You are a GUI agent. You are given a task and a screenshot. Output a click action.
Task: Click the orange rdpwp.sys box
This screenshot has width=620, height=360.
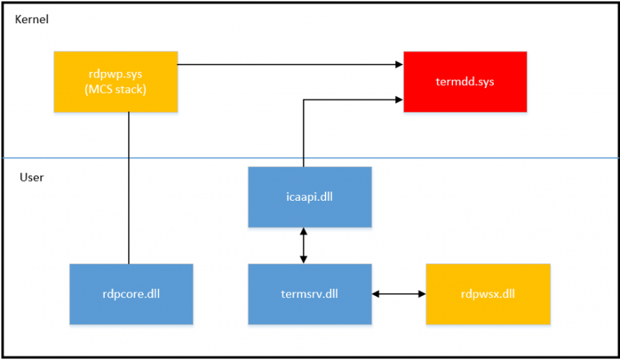pyautogui.click(x=115, y=81)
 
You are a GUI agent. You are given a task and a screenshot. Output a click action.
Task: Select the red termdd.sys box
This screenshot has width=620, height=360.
pyautogui.click(x=464, y=81)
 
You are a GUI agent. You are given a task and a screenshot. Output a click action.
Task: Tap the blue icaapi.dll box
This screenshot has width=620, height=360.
pyautogui.click(x=310, y=197)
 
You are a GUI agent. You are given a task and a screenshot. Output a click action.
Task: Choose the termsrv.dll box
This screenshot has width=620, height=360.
pyautogui.click(x=310, y=294)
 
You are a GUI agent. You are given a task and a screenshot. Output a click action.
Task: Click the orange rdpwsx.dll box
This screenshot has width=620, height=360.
pyautogui.click(x=488, y=294)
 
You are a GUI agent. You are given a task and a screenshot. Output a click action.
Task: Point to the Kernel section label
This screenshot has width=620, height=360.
pyautogui.click(x=32, y=20)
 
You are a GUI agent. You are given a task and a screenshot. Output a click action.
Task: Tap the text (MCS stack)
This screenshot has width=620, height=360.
pyautogui.click(x=115, y=89)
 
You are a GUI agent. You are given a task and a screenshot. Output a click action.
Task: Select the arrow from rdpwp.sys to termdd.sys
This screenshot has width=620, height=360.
pyautogui.click(x=288, y=65)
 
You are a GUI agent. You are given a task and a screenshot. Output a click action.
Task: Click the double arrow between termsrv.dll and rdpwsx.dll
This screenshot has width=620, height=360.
pyautogui.click(x=399, y=294)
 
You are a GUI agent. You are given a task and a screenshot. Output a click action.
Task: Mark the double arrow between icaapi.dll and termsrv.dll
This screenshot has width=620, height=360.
pyautogui.click(x=304, y=246)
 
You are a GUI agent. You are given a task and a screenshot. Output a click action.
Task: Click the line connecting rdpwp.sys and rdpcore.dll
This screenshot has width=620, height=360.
pyautogui.click(x=128, y=187)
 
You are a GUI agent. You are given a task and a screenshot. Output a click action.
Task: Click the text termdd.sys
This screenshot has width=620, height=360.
pyautogui.click(x=464, y=81)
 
